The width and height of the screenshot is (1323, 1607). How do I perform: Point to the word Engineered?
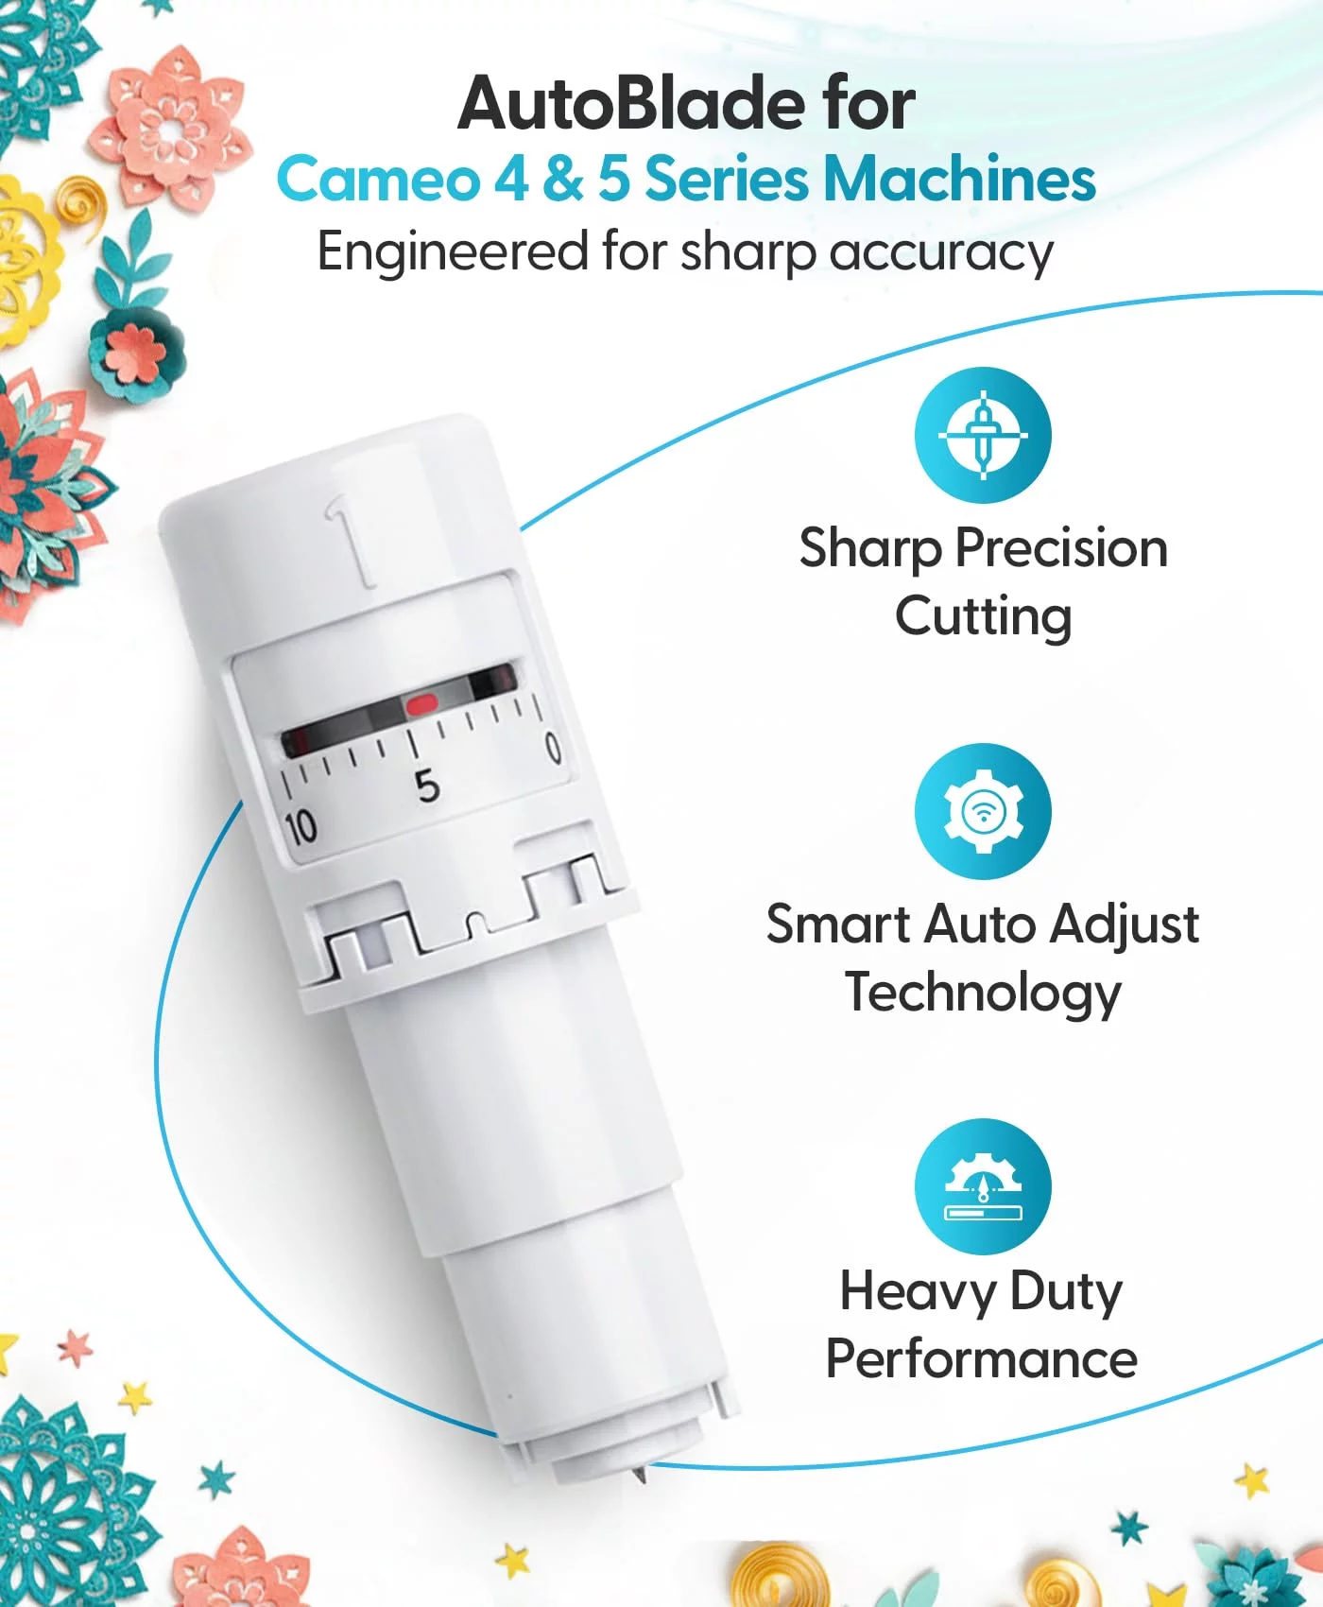coord(453,252)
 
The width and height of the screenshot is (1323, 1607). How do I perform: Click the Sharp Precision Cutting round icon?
coord(983,435)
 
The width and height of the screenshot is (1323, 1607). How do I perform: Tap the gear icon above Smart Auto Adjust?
coord(983,811)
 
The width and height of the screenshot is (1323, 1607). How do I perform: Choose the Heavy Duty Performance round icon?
coord(983,1186)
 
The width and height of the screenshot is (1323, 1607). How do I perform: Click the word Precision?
coord(1060,548)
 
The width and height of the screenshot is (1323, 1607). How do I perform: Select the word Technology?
coord(983,994)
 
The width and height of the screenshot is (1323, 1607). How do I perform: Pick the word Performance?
coord(982,1359)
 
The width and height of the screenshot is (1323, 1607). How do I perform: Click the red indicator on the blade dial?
coord(421,704)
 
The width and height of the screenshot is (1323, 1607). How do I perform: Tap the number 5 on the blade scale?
coord(427,786)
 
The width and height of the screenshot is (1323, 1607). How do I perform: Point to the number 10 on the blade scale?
coord(301,828)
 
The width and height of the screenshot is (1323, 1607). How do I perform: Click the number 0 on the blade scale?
coord(554,748)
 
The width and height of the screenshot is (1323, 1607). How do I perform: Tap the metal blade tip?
coord(640,1473)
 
